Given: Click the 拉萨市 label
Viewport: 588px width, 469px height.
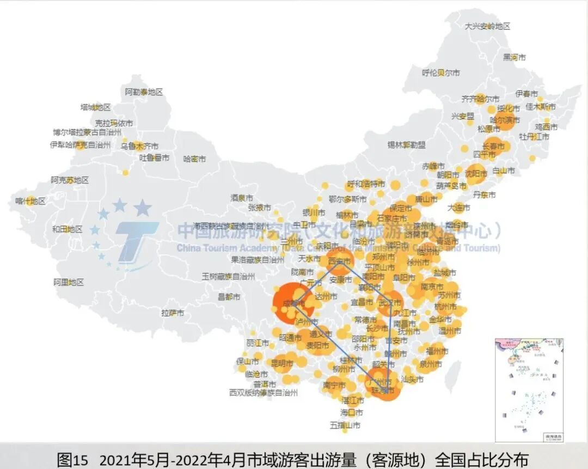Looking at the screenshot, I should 173,313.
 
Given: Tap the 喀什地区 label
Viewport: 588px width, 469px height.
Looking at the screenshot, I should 30,201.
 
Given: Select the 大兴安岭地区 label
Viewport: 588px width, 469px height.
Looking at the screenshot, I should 487,26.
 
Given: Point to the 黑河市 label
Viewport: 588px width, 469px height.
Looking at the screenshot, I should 514,57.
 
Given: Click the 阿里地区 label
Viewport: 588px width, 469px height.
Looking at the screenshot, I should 69,282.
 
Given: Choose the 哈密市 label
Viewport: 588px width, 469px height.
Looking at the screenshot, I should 194,159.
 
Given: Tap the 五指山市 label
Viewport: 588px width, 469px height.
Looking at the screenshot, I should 345,425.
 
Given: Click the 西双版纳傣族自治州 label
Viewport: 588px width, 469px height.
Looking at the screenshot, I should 264,392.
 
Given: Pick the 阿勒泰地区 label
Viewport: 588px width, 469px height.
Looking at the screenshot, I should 144,92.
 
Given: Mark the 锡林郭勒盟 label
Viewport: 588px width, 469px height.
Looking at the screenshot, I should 407,145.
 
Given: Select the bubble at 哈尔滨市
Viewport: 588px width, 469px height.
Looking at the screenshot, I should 505,119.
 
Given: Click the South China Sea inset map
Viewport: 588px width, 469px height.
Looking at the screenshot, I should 529,389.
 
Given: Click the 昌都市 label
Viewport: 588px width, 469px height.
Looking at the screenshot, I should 229,297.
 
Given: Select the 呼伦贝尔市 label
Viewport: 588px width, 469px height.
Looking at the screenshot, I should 441,72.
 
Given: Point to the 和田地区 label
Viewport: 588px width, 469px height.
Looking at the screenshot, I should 67,229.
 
